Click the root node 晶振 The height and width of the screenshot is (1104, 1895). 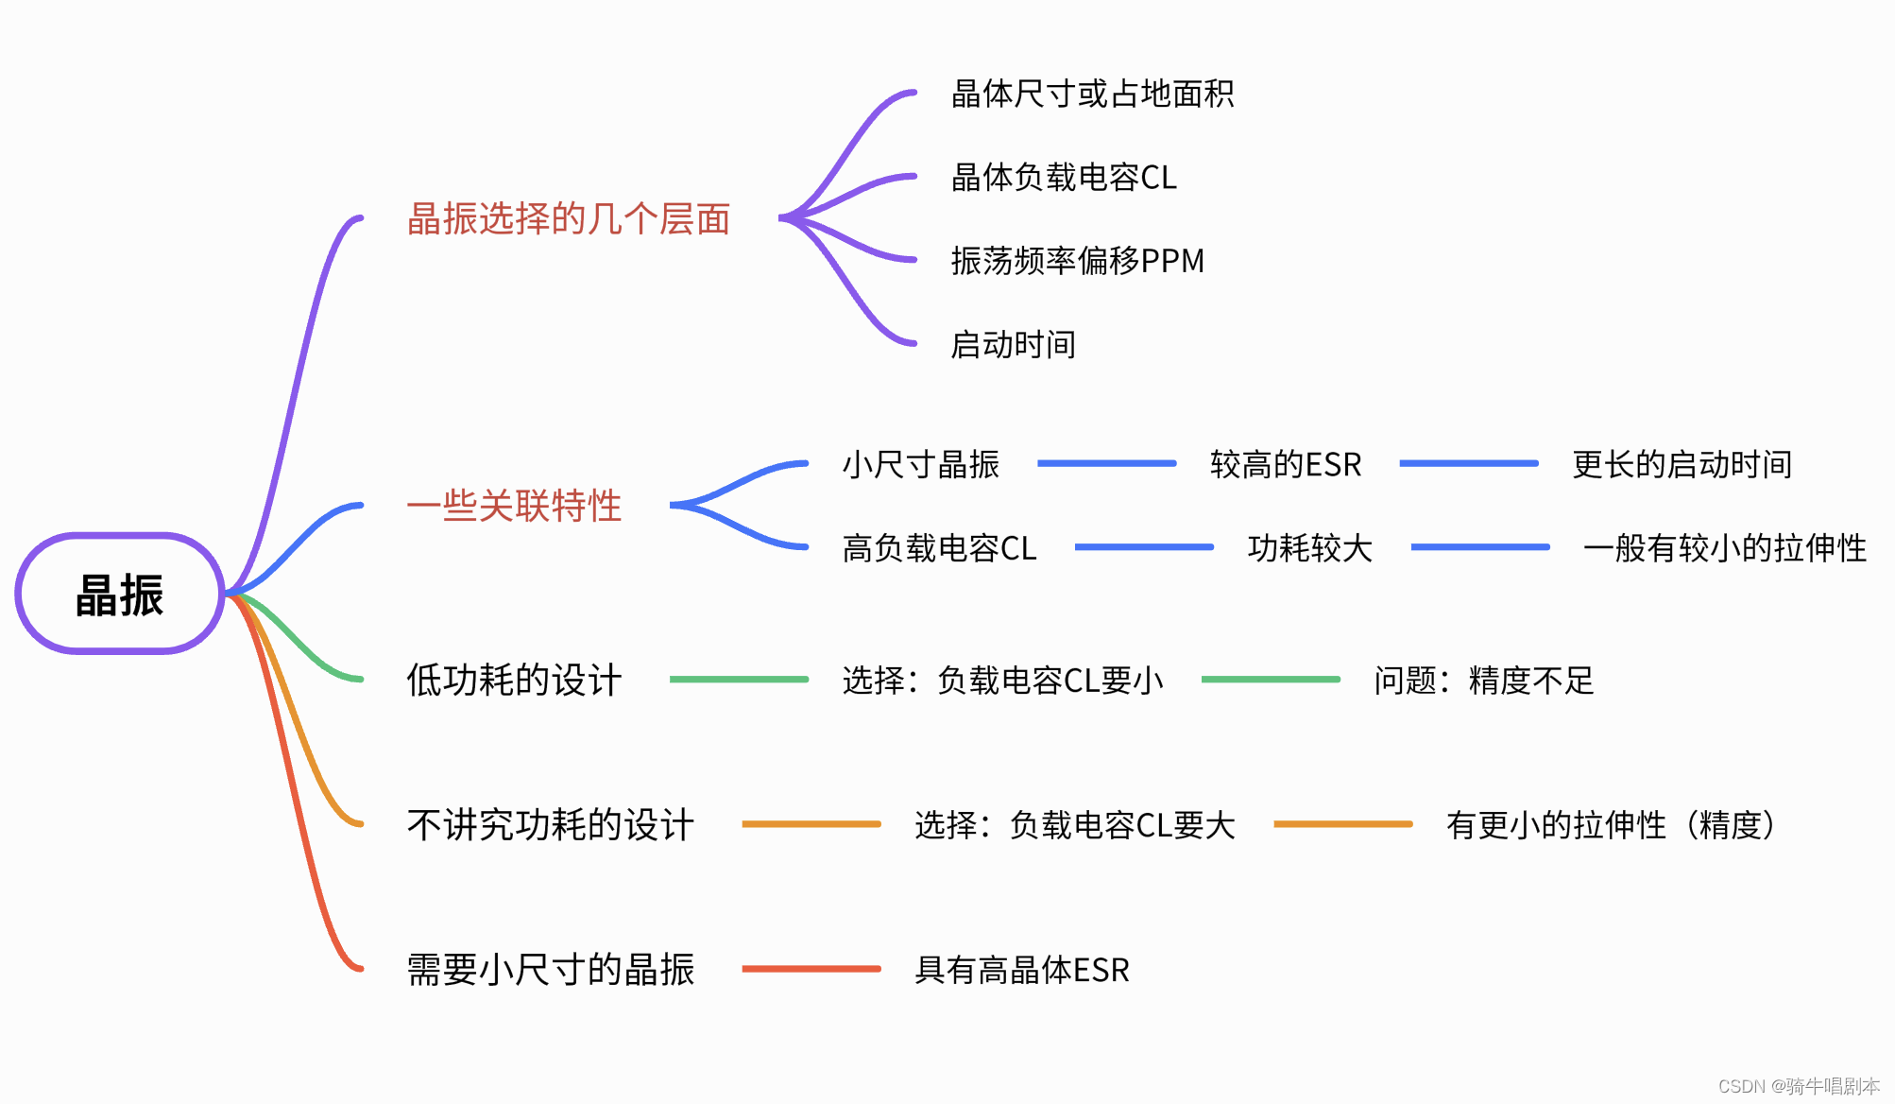120,595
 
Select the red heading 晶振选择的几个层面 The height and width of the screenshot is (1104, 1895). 569,218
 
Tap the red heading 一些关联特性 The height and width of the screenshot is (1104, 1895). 514,506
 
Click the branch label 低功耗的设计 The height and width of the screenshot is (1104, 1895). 514,680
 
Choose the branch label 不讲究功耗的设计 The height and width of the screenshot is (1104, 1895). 550,825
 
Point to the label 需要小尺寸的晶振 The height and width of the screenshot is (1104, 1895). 550,970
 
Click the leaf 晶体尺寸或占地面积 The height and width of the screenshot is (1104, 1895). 1092,94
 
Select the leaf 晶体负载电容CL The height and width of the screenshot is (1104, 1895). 1064,177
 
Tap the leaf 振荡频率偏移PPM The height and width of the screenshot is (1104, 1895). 1077,260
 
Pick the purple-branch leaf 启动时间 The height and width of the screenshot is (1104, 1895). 1013,344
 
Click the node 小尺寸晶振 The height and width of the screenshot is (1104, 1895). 920,464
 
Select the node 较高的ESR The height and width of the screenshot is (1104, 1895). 1286,464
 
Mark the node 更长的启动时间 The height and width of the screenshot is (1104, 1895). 1682,464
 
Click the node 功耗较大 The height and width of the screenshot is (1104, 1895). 1309,547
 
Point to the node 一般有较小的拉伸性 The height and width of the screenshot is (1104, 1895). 1725,547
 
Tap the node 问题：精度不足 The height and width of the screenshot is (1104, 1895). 1483,680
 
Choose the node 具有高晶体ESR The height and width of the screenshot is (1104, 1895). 1022,970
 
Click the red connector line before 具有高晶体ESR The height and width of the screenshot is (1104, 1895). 811,969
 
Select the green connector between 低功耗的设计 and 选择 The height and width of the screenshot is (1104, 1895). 739,679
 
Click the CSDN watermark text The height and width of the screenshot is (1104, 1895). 1799,1086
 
